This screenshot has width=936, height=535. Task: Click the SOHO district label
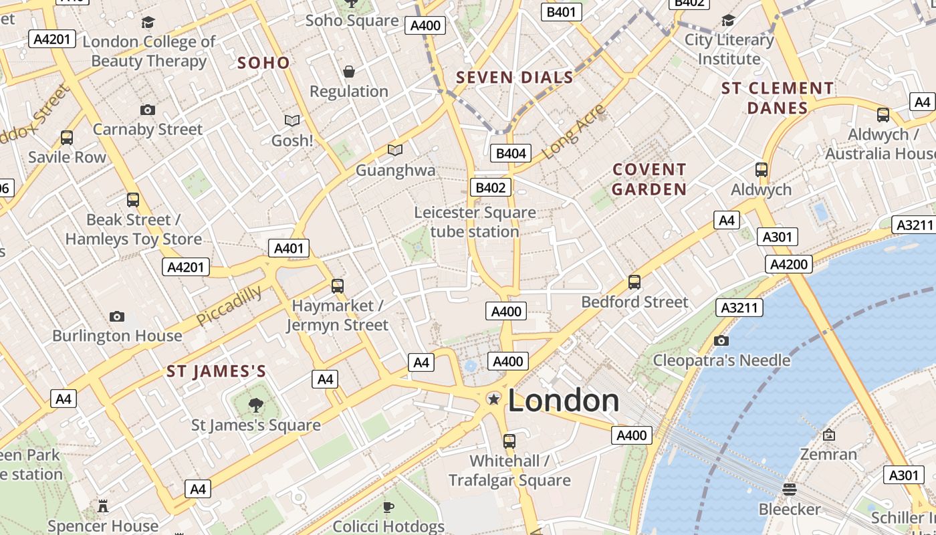click(263, 63)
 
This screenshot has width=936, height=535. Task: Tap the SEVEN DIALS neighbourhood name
click(514, 78)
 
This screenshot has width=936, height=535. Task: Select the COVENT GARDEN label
click(649, 179)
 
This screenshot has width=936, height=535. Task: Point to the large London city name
click(564, 401)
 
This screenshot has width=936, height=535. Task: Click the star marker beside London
click(494, 399)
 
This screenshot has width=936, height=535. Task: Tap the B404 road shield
click(510, 153)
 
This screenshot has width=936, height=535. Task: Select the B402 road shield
click(491, 188)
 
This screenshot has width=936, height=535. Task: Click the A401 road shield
click(289, 248)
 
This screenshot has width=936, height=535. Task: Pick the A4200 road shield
click(789, 264)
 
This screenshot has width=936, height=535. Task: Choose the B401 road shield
click(561, 11)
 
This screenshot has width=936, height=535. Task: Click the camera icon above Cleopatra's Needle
click(721, 341)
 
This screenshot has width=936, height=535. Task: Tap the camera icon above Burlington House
click(117, 316)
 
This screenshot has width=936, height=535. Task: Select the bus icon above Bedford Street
click(634, 282)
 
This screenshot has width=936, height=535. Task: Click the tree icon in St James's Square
click(255, 404)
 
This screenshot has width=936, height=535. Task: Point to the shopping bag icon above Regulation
click(348, 72)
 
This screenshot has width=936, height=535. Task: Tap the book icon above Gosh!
click(292, 121)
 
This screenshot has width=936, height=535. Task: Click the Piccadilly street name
click(229, 306)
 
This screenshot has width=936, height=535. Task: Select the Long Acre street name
click(573, 132)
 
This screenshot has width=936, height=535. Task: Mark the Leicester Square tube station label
click(475, 222)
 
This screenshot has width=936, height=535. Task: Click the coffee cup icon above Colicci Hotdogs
click(388, 507)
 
